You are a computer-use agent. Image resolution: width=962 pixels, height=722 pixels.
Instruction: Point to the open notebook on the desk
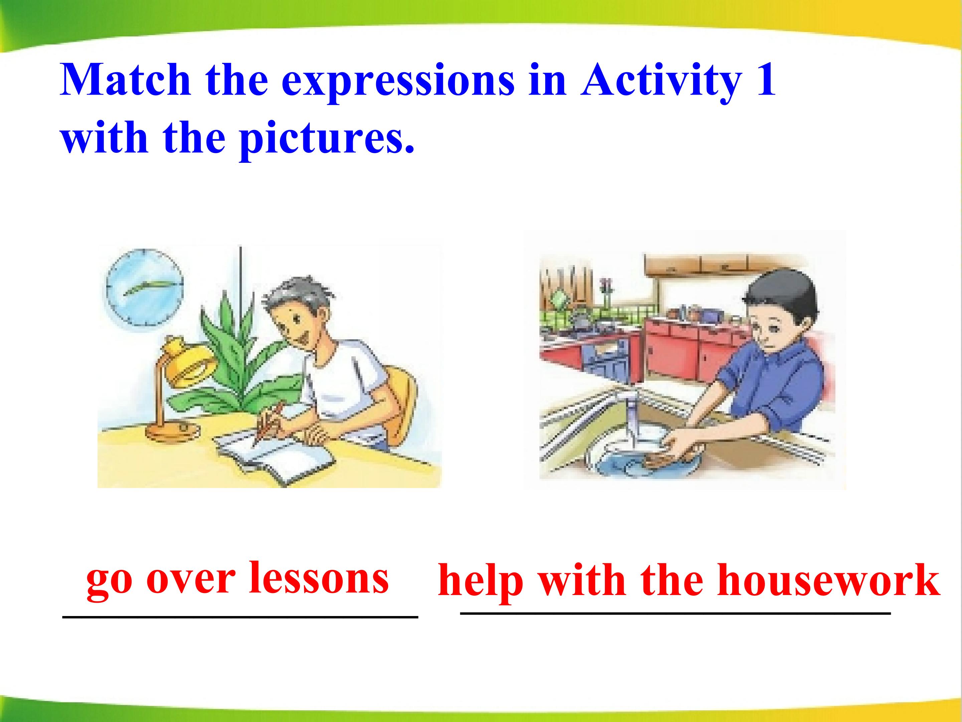click(x=274, y=457)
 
